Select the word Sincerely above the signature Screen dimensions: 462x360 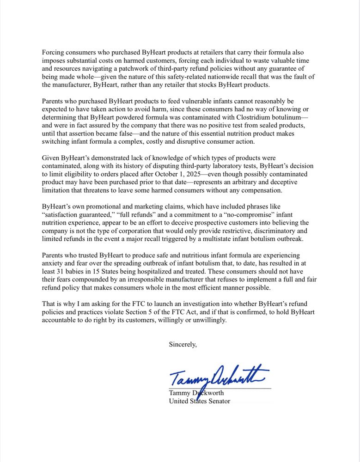click(x=183, y=344)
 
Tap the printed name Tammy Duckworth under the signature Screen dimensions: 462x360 click(x=196, y=393)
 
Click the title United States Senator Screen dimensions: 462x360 click(x=199, y=401)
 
